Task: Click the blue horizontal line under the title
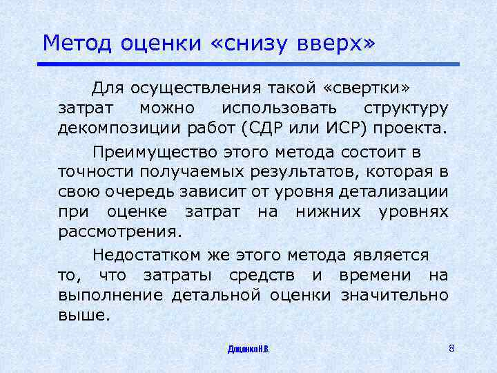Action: (248, 64)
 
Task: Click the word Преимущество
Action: (150, 151)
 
